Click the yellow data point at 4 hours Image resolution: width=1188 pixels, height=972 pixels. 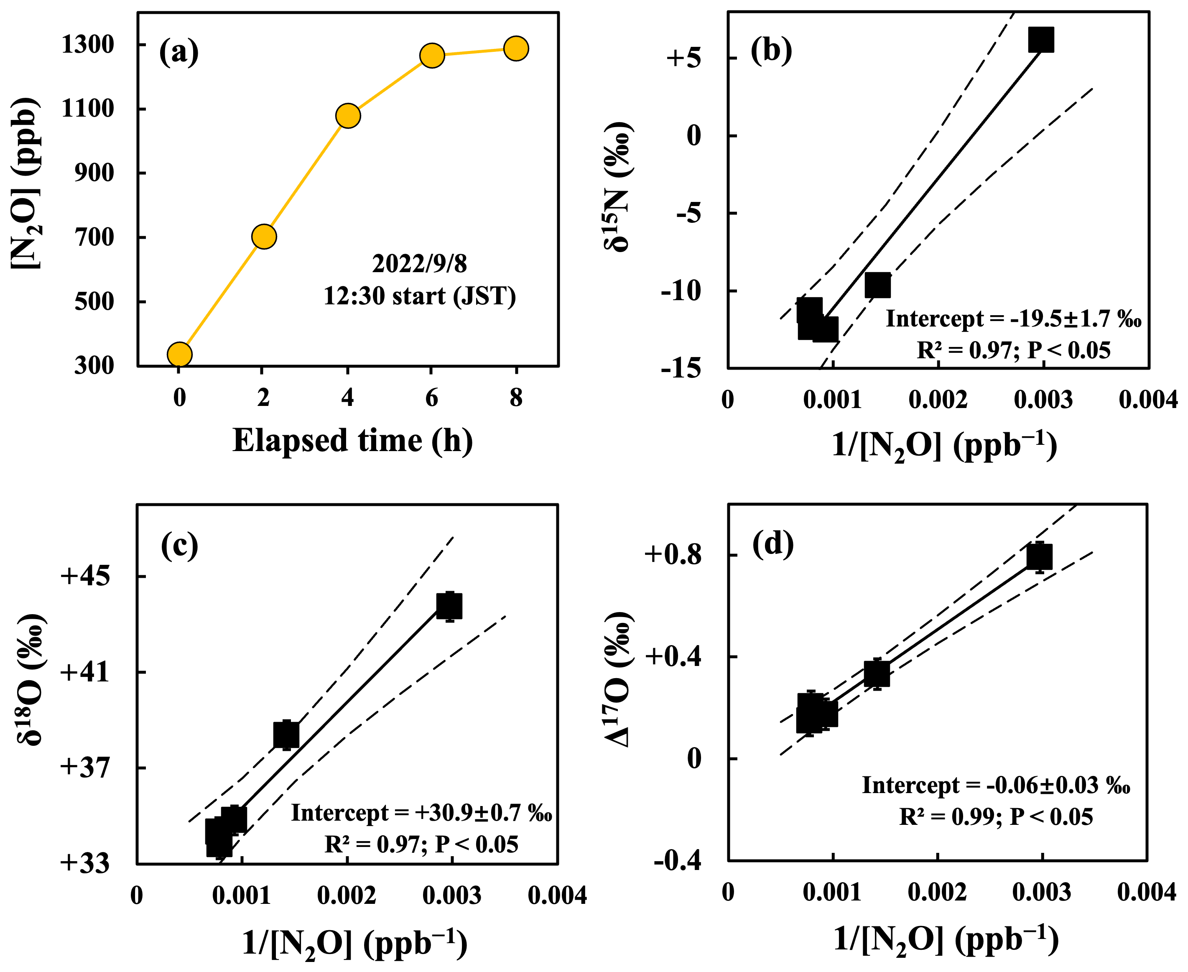(348, 116)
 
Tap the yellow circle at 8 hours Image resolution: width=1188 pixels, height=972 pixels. (515, 49)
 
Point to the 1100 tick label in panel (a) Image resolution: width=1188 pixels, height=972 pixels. (88, 109)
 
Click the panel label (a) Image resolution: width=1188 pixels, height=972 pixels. (178, 52)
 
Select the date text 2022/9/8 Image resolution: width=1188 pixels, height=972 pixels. (419, 264)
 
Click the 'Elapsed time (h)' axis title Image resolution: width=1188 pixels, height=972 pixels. (353, 441)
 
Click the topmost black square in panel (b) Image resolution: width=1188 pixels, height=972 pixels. (1041, 39)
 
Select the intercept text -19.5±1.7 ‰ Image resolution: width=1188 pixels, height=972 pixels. (1013, 319)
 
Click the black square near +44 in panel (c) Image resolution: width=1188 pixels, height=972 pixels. (449, 606)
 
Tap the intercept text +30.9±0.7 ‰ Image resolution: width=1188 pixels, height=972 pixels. (421, 813)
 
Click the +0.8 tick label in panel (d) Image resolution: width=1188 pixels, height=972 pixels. (673, 554)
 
